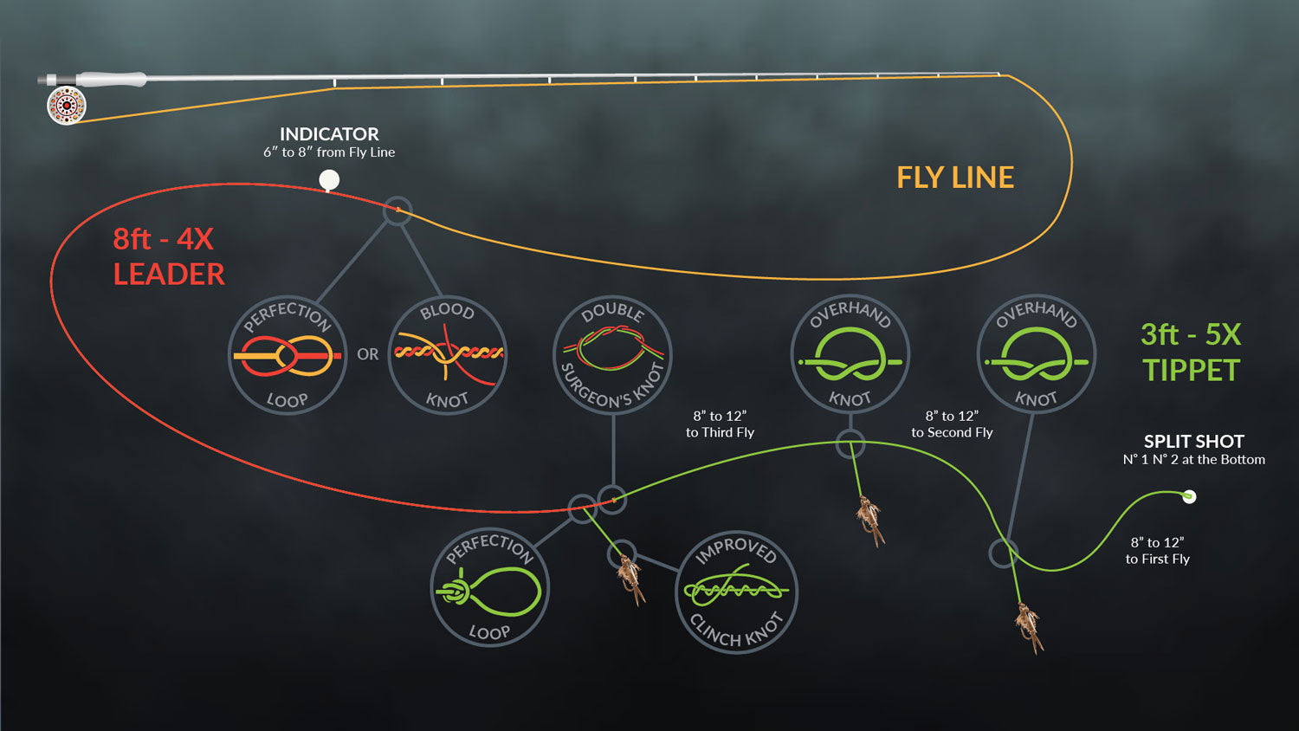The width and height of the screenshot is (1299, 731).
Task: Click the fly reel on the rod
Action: pyautogui.click(x=67, y=106)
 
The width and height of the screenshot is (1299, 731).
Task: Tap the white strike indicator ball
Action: pyautogui.click(x=329, y=180)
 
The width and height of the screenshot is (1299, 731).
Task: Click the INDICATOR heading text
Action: pyautogui.click(x=329, y=134)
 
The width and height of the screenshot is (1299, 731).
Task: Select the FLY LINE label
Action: pyautogui.click(x=954, y=178)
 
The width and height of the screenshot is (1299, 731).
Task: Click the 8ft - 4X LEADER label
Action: pyautogui.click(x=168, y=256)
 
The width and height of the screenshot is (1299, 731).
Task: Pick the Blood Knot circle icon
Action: pyautogui.click(x=447, y=354)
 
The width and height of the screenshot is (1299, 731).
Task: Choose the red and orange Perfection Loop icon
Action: pyautogui.click(x=287, y=354)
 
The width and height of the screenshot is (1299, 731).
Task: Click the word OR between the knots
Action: pyautogui.click(x=367, y=354)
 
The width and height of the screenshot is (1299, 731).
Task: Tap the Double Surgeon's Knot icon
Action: pyautogui.click(x=612, y=354)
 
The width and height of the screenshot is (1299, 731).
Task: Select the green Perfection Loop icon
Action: pyautogui.click(x=489, y=588)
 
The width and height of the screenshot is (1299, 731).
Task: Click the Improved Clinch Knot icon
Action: pyautogui.click(x=736, y=592)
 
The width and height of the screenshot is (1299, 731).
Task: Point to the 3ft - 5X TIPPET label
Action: pyautogui.click(x=1191, y=352)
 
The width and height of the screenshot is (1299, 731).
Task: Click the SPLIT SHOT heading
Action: pyautogui.click(x=1193, y=442)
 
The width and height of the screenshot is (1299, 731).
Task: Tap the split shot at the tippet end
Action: pyautogui.click(x=1189, y=496)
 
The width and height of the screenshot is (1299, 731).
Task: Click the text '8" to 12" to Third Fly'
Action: pyautogui.click(x=720, y=424)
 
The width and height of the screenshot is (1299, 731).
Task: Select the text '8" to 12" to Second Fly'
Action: pyautogui.click(x=952, y=424)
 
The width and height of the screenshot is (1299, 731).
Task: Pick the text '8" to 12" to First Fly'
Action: pyautogui.click(x=1157, y=551)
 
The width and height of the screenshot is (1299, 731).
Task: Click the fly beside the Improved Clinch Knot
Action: pyautogui.click(x=631, y=578)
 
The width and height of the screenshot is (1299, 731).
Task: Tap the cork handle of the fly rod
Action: pyautogui.click(x=112, y=79)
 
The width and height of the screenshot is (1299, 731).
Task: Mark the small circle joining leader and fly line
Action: pyautogui.click(x=397, y=210)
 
